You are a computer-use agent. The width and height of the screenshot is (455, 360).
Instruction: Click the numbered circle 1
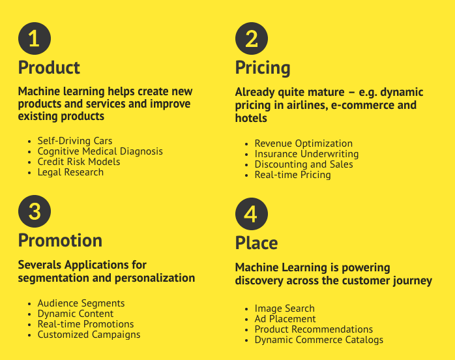tap(35, 38)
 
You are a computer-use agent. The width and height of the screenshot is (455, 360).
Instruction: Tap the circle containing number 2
tap(252, 38)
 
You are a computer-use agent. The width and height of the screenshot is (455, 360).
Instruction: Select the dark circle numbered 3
tap(35, 211)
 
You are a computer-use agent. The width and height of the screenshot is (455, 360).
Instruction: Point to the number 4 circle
tap(252, 214)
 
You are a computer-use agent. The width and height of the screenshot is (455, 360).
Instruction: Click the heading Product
tap(49, 68)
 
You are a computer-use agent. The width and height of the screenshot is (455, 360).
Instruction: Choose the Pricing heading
tap(263, 68)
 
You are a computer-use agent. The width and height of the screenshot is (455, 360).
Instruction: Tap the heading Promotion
tap(60, 241)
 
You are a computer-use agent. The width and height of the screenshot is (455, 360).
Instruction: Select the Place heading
tap(256, 243)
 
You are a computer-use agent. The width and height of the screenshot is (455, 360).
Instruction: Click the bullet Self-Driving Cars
tap(75, 141)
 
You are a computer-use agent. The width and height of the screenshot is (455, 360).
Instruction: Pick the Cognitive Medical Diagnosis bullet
tap(100, 151)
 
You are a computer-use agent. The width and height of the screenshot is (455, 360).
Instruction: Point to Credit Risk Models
tap(79, 162)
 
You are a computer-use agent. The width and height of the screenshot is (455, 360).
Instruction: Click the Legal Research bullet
tap(70, 172)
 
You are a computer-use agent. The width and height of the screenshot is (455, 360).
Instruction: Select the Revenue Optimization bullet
tap(303, 143)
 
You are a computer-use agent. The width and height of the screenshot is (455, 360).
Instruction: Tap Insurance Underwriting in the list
tap(306, 154)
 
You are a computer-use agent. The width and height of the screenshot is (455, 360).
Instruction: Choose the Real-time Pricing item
tap(293, 175)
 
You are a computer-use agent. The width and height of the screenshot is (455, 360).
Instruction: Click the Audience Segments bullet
tap(81, 303)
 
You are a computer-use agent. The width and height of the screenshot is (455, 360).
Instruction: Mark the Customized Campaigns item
tap(89, 335)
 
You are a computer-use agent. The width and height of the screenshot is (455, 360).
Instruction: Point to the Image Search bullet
tap(284, 308)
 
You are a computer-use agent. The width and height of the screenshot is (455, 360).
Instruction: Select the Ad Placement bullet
tap(285, 319)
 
